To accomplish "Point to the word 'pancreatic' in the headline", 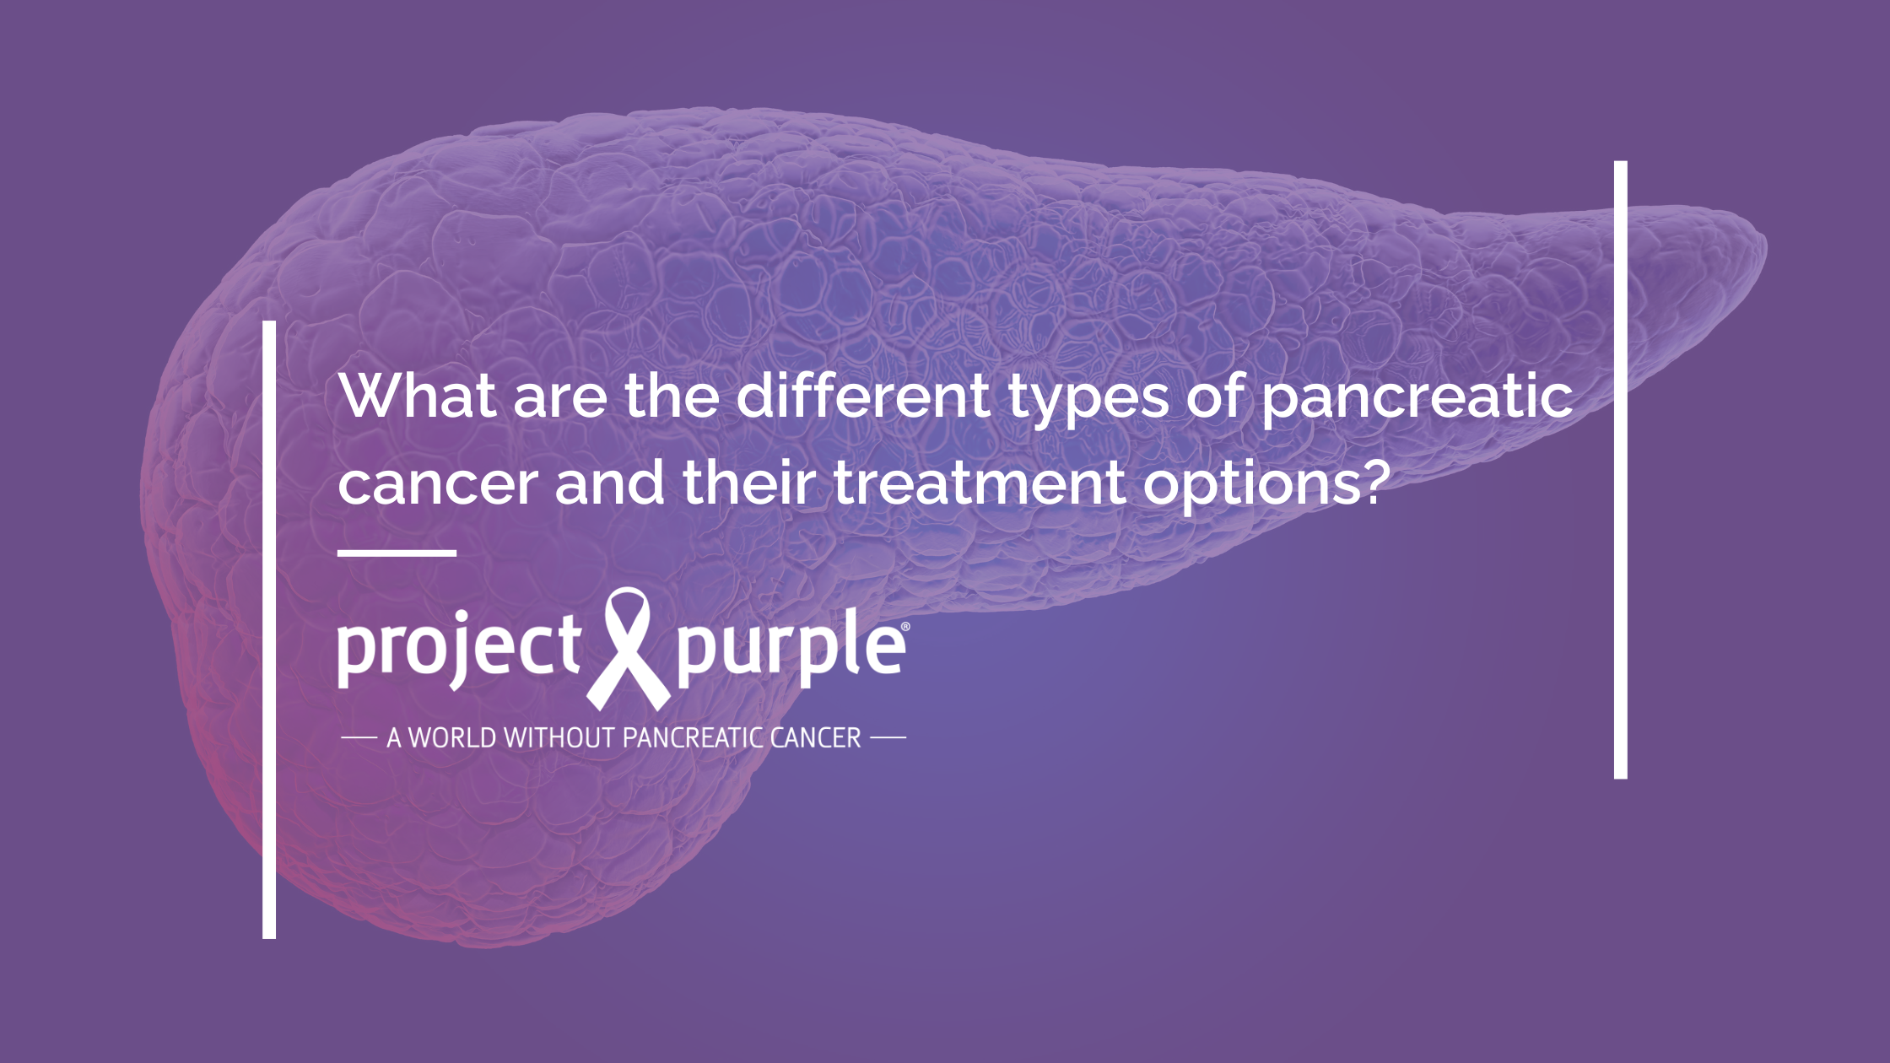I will (x=1417, y=397).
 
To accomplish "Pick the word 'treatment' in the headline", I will (x=980, y=483).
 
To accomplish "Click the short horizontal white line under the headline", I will (x=397, y=553).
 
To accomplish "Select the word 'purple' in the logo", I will (x=790, y=650).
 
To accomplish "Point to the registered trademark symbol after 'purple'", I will (x=905, y=628).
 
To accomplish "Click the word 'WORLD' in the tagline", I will (x=452, y=738).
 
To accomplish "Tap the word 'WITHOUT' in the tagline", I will (x=559, y=738).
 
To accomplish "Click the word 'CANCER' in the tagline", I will (x=815, y=738).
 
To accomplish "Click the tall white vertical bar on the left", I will (x=269, y=629).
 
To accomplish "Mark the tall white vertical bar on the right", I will (x=1620, y=469).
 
